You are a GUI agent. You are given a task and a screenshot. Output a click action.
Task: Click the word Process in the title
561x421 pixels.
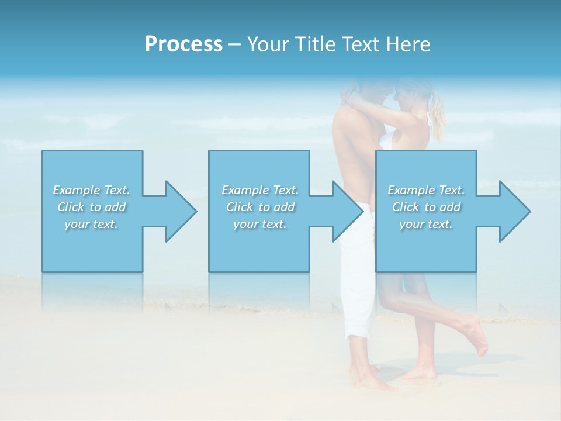point(183,44)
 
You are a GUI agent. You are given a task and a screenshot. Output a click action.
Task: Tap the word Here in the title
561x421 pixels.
point(408,44)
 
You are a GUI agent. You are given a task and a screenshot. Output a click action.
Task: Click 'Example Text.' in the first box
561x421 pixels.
point(91,190)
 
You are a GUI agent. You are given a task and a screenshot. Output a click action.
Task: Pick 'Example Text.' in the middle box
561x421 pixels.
point(260,190)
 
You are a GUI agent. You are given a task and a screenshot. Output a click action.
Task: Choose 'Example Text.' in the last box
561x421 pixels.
point(426,190)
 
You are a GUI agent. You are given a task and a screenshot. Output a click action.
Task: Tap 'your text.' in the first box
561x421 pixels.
point(91,224)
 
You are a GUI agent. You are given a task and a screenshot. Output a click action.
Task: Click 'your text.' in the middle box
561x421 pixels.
point(260,224)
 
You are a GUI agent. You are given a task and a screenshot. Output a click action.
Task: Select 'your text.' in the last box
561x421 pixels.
point(426,224)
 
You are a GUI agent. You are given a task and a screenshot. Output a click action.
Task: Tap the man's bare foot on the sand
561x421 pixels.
point(374,382)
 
